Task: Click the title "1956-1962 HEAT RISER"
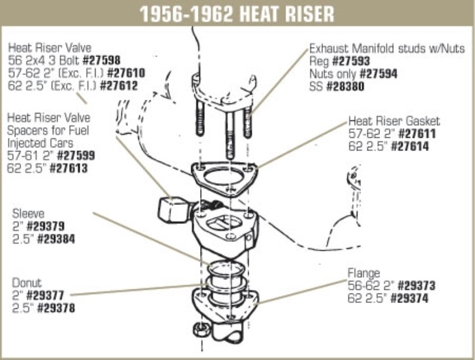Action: (236, 14)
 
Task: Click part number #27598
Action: (102, 61)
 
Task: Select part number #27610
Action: (126, 73)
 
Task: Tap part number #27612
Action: (119, 86)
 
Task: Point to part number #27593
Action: (351, 61)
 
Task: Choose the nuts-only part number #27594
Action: (378, 74)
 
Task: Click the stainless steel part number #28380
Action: (345, 87)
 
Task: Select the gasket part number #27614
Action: (410, 147)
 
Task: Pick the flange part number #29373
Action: (417, 286)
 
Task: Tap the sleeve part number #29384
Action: (56, 239)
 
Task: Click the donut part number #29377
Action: (45, 295)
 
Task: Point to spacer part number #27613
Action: (68, 169)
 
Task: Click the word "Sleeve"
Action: (28, 214)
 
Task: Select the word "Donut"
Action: (27, 283)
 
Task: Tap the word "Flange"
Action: (363, 273)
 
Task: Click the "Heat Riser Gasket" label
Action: (394, 121)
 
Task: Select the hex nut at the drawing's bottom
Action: (201, 329)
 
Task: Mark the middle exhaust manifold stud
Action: (230, 135)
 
